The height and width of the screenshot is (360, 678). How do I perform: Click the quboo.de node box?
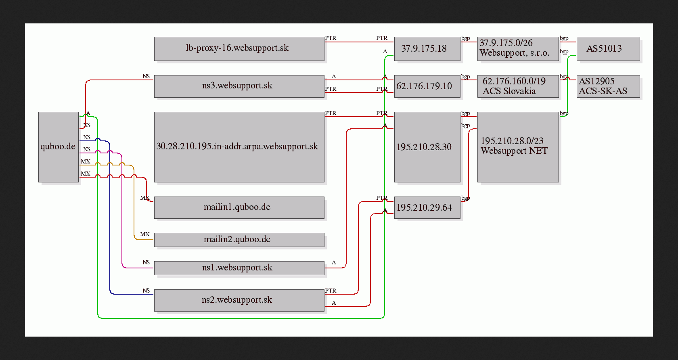tap(59, 147)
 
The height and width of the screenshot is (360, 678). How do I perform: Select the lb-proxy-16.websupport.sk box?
tap(239, 49)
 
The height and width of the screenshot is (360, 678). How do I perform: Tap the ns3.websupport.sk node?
tap(239, 86)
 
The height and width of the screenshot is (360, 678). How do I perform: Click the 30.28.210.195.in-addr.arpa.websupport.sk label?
tap(237, 146)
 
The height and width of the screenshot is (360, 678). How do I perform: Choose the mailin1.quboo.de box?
tap(239, 207)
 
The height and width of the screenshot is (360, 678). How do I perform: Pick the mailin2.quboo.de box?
tap(239, 240)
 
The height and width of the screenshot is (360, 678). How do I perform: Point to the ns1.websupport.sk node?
tap(239, 268)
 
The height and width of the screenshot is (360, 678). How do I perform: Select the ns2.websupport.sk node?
tap(239, 300)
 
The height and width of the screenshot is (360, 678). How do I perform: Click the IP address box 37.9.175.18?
tap(427, 49)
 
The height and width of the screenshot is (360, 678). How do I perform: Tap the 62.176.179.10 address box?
tap(427, 86)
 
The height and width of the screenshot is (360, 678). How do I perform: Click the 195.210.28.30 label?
tap(424, 147)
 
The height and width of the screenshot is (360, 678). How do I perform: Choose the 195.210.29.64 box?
tap(427, 207)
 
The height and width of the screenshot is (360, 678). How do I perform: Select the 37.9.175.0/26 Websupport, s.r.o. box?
tap(518, 49)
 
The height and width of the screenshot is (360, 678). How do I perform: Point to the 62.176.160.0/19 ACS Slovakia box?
tap(518, 86)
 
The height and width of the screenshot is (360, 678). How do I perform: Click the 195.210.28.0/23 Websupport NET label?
tap(514, 146)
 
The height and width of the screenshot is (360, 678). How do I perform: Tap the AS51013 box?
tap(609, 49)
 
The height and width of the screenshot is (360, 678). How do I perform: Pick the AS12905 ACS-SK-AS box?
tap(609, 86)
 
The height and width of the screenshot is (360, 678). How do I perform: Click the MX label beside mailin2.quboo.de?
tap(144, 234)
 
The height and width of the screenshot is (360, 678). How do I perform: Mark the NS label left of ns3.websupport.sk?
tap(146, 76)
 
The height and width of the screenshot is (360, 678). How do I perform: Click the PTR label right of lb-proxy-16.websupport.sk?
tap(331, 38)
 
